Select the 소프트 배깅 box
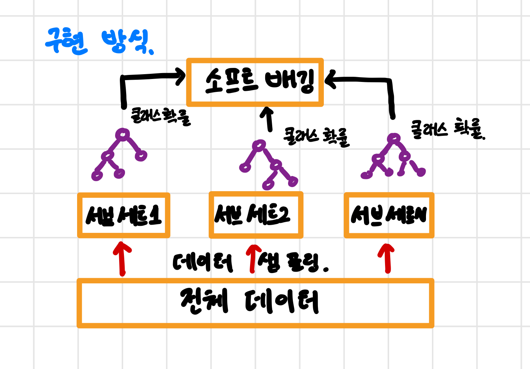(x=255, y=82)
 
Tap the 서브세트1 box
(x=124, y=215)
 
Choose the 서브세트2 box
(x=256, y=215)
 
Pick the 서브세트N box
(x=389, y=215)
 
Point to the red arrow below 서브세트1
(x=122, y=258)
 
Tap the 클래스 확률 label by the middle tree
(x=316, y=137)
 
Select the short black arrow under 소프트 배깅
(x=268, y=119)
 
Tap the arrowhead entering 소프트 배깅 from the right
(x=330, y=80)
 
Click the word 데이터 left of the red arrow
(x=203, y=263)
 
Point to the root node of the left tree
(x=122, y=134)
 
